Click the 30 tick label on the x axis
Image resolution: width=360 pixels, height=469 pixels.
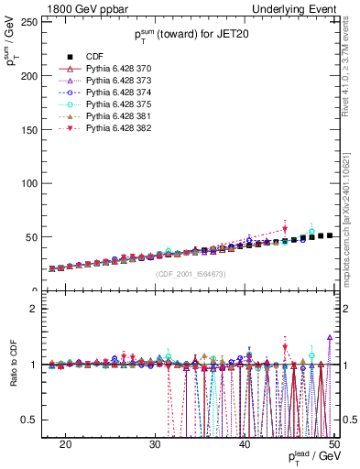[155, 443]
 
